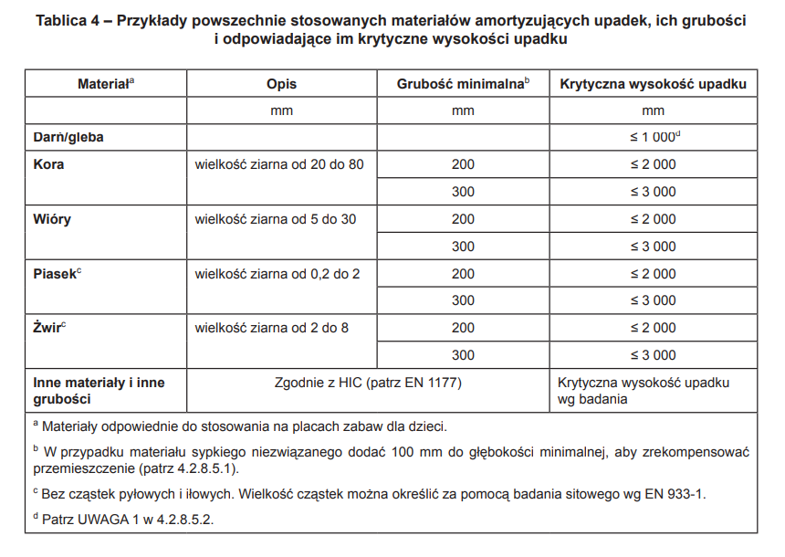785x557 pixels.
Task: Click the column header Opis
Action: (281, 84)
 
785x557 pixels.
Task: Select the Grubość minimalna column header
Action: (462, 84)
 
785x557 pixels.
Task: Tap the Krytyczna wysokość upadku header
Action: (653, 84)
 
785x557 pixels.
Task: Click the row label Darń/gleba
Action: (68, 137)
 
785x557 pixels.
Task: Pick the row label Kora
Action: (48, 164)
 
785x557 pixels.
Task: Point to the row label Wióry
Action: (51, 219)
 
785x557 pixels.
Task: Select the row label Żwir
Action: (48, 328)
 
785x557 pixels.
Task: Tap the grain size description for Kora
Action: (279, 164)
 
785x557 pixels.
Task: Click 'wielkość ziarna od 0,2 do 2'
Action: (277, 274)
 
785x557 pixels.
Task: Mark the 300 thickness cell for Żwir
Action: (463, 355)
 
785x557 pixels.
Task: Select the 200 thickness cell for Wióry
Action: (463, 219)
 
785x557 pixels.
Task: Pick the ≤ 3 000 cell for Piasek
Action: (654, 300)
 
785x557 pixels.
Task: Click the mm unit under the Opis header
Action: (281, 110)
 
